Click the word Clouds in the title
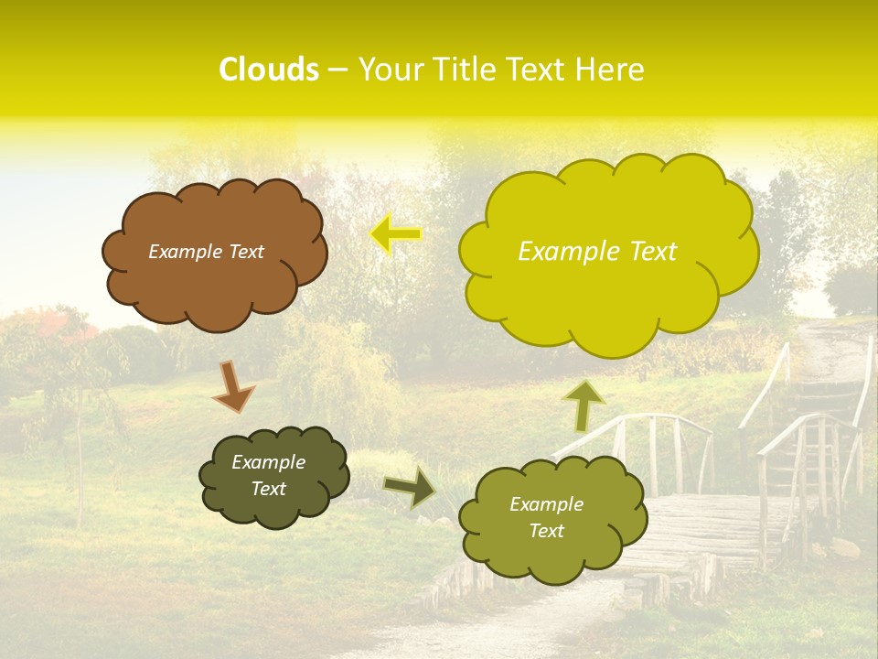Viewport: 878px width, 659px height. (x=268, y=70)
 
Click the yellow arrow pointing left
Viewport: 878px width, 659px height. (x=396, y=233)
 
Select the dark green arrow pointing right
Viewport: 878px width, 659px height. (x=409, y=487)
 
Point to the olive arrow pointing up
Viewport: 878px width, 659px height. (x=584, y=405)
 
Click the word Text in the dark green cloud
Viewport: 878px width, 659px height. (x=269, y=489)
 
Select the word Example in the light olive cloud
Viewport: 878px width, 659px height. (x=546, y=504)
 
